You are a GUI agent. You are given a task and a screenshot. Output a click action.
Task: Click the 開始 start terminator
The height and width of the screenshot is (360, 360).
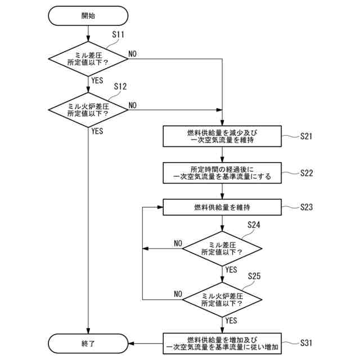pyautogui.click(x=88, y=16)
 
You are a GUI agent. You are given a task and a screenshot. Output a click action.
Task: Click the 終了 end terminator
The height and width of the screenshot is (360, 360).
pyautogui.click(x=88, y=344)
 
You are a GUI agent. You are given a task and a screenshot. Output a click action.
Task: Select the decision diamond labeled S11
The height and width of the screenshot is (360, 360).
pyautogui.click(x=88, y=58)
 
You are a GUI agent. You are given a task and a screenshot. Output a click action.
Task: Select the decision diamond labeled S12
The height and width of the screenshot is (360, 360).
pyautogui.click(x=88, y=110)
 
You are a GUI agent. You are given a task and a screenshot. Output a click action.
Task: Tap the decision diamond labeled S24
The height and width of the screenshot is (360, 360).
pyautogui.click(x=222, y=249)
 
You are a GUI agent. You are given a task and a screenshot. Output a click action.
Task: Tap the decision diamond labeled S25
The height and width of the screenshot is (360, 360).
pyautogui.click(x=222, y=300)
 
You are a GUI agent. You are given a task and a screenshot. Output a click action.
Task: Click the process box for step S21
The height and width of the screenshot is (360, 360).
pyautogui.click(x=222, y=136)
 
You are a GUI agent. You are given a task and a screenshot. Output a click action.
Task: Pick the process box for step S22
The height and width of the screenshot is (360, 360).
pyautogui.click(x=222, y=173)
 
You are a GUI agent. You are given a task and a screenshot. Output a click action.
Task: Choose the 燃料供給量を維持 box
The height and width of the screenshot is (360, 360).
pyautogui.click(x=222, y=207)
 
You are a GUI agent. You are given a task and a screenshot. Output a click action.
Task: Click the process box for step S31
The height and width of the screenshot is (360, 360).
pyautogui.click(x=222, y=344)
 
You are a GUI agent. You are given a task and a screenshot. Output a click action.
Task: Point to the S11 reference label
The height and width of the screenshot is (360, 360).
pyautogui.click(x=118, y=34)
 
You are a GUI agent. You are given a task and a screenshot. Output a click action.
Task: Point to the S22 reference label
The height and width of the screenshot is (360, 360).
pyautogui.click(x=307, y=173)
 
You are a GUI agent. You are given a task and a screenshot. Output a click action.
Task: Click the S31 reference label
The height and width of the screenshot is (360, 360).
pyautogui.click(x=306, y=343)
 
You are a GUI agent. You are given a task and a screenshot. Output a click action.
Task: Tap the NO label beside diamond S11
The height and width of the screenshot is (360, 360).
pyautogui.click(x=133, y=54)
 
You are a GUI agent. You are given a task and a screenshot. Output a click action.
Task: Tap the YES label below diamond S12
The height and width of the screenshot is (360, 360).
pyautogui.click(x=97, y=131)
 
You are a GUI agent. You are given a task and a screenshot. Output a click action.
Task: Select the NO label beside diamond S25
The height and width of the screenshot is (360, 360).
pyautogui.click(x=178, y=294)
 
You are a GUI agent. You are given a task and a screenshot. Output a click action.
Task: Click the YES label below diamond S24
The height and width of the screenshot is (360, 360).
pyautogui.click(x=231, y=269)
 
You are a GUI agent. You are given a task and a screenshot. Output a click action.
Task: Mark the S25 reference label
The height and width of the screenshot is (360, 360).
pyautogui.click(x=254, y=276)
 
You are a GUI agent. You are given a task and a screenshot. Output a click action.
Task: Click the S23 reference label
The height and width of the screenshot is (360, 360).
pyautogui.click(x=307, y=207)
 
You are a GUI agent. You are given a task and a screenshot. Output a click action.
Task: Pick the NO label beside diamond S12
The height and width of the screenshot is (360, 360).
pyautogui.click(x=133, y=105)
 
